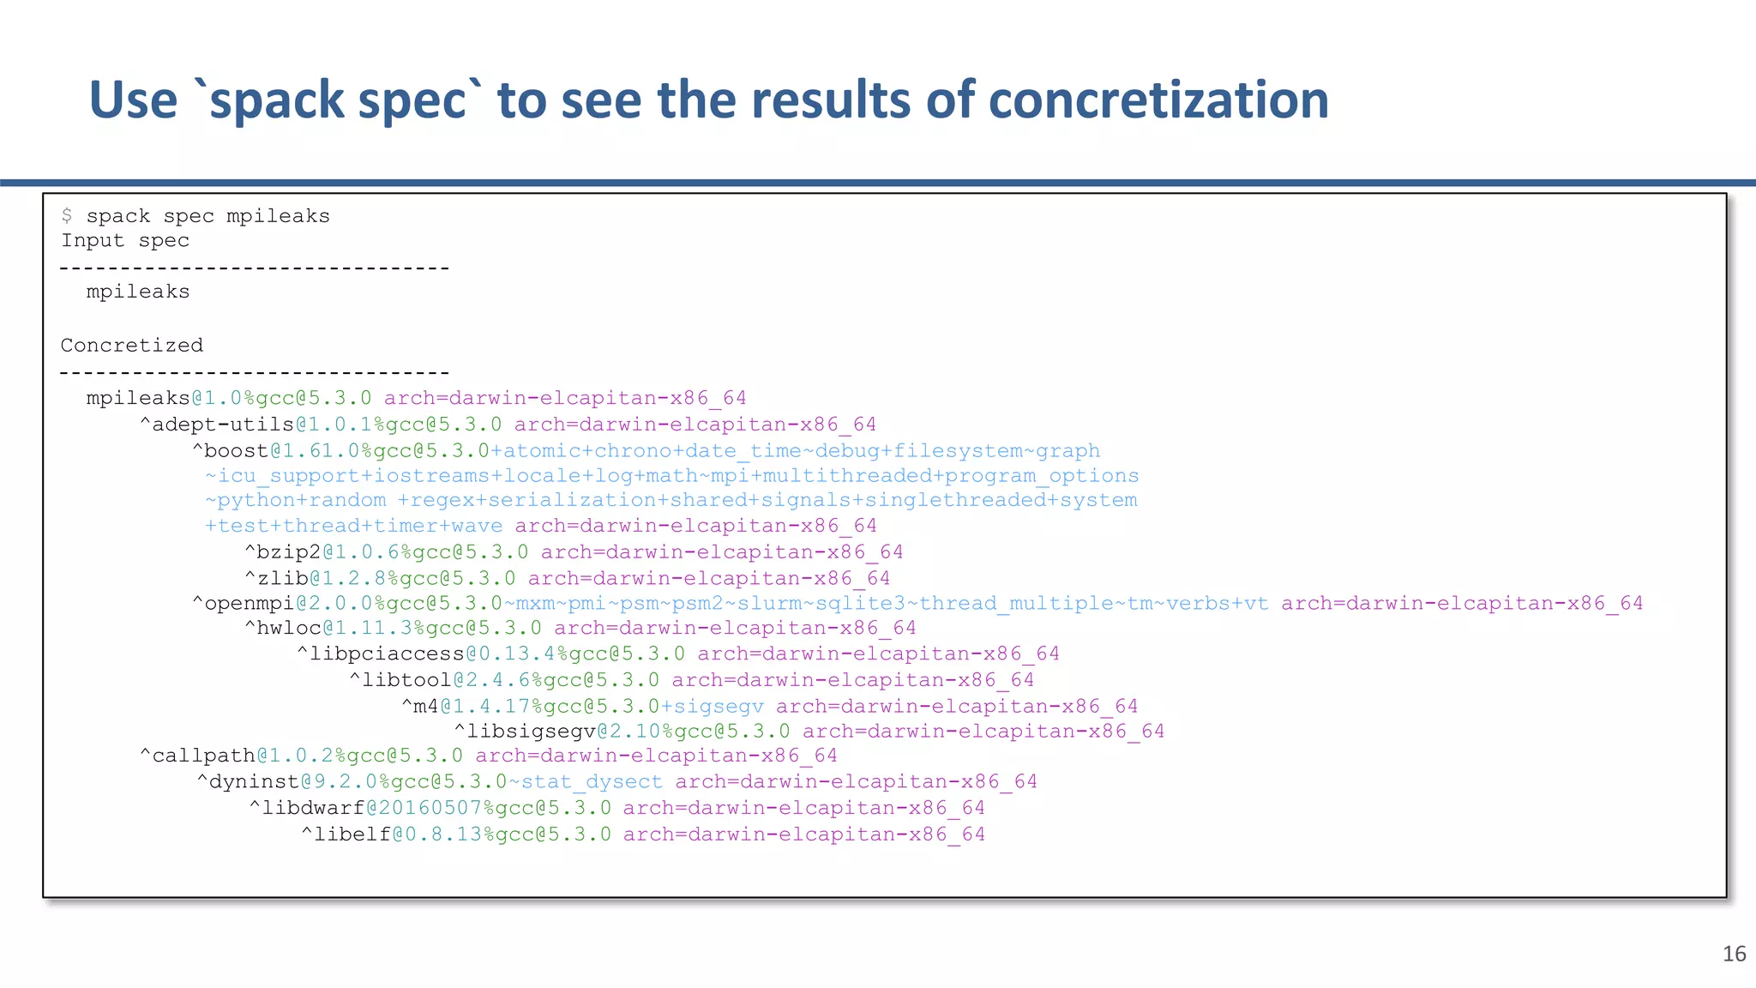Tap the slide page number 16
tap(1734, 954)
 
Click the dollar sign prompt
tap(67, 216)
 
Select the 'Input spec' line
tap(125, 241)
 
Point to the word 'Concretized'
tap(132, 346)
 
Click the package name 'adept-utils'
tap(223, 425)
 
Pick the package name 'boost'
tap(236, 451)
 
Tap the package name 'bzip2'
tap(289, 552)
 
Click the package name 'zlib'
tap(282, 579)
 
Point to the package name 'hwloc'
tap(289, 629)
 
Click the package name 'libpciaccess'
tap(387, 654)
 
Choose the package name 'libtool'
tap(406, 681)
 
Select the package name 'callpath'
tap(203, 756)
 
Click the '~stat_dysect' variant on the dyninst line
tap(586, 782)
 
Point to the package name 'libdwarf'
tap(313, 809)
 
